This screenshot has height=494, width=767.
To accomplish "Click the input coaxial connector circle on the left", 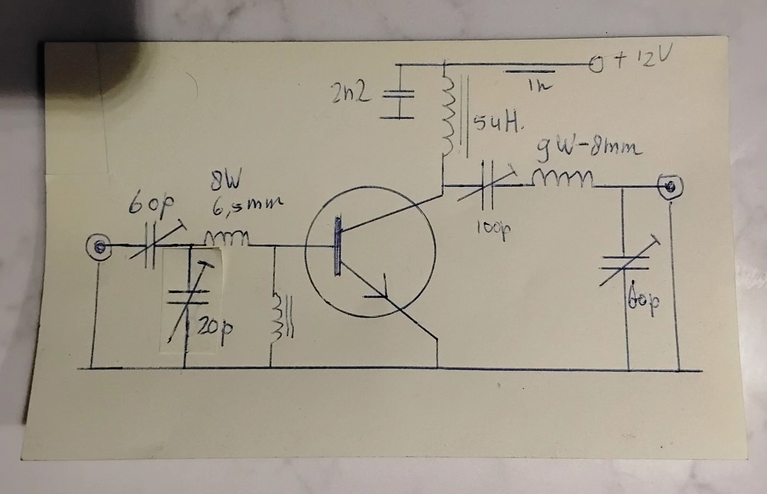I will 99,246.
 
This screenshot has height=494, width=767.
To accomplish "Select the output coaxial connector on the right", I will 670,186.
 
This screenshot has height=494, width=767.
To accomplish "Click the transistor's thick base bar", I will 338,246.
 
